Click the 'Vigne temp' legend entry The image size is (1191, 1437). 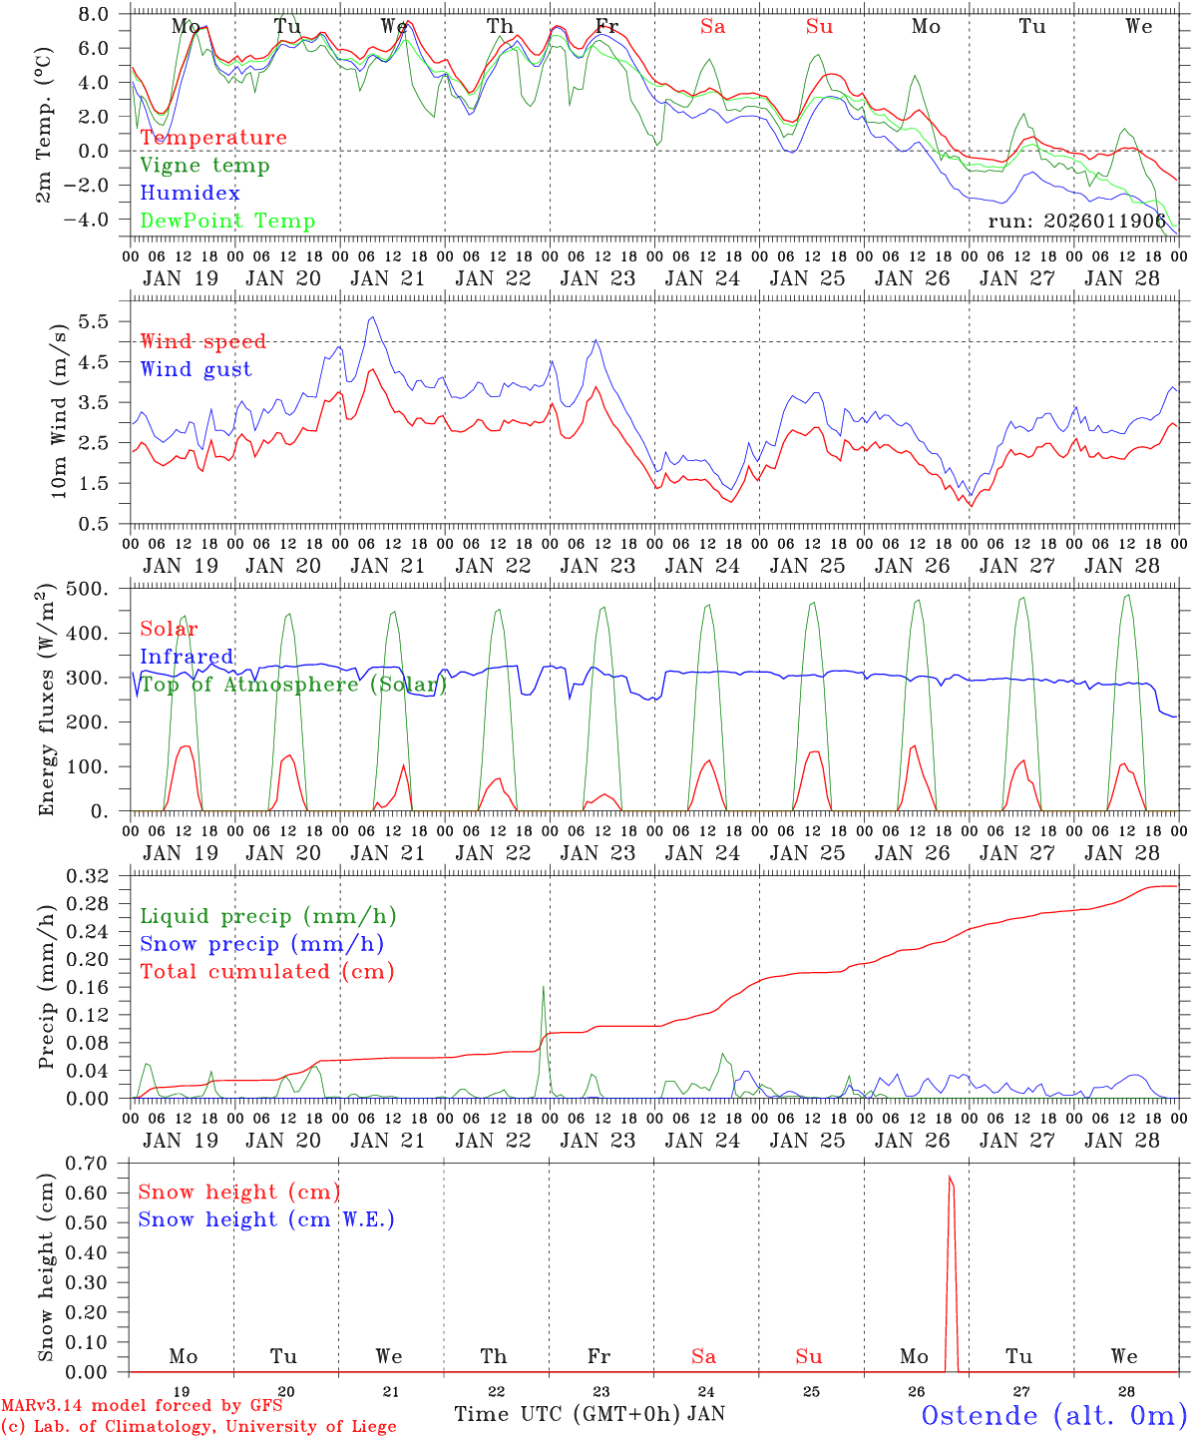(x=204, y=166)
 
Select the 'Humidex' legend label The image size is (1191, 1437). (x=190, y=194)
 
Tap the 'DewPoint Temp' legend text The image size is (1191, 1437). (x=227, y=222)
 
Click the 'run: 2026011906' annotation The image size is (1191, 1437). (x=1076, y=221)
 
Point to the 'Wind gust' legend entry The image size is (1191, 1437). (x=196, y=369)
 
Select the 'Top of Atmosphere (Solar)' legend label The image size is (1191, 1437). (x=292, y=685)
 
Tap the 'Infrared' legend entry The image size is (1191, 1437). (x=187, y=657)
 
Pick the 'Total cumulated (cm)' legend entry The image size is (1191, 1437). (x=266, y=971)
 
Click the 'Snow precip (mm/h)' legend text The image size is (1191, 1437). (x=261, y=944)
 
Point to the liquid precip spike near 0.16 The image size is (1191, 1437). (x=543, y=988)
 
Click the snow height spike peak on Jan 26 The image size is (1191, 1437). (x=950, y=1178)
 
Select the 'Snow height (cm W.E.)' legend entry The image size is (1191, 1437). (x=265, y=1219)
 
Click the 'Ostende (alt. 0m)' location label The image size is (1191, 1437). (x=1053, y=1415)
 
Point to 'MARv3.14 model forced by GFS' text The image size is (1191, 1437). (x=142, y=1405)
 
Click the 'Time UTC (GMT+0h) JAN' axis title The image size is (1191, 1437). (x=589, y=1414)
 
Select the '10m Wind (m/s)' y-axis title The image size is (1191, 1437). (x=58, y=411)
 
